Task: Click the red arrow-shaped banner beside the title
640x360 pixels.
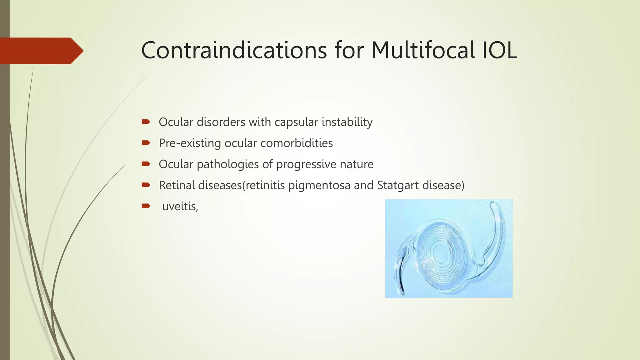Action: tap(41, 51)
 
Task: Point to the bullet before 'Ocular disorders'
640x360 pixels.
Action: tap(146, 122)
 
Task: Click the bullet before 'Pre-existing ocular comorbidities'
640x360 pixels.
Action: tap(146, 143)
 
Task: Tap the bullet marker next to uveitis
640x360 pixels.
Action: tap(146, 206)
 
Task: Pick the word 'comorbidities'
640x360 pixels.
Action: tap(297, 143)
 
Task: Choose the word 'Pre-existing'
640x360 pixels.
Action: tap(190, 143)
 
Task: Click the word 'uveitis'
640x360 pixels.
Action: tap(179, 207)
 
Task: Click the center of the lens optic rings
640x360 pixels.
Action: tap(440, 252)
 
